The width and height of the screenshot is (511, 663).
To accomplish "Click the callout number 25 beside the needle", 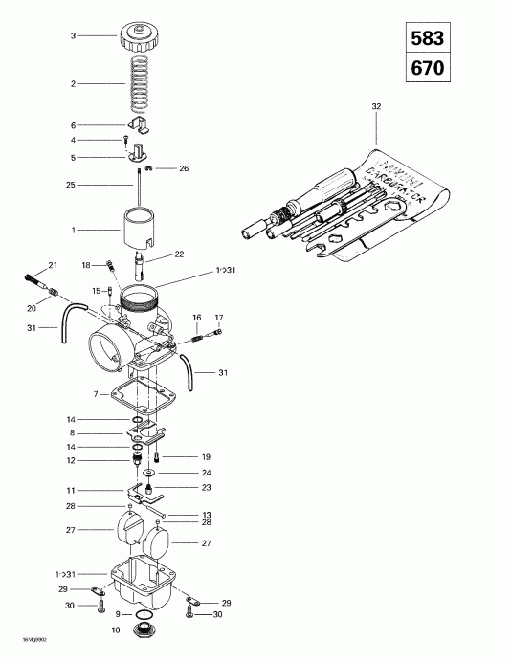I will (72, 184).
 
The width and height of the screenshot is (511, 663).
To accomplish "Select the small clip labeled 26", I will (158, 168).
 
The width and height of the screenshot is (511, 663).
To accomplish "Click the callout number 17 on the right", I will (218, 317).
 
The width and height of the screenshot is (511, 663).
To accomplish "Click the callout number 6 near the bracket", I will (72, 125).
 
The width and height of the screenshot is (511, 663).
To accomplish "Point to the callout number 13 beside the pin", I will (205, 515).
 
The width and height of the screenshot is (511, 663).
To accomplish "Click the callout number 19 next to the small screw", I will (204, 456).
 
